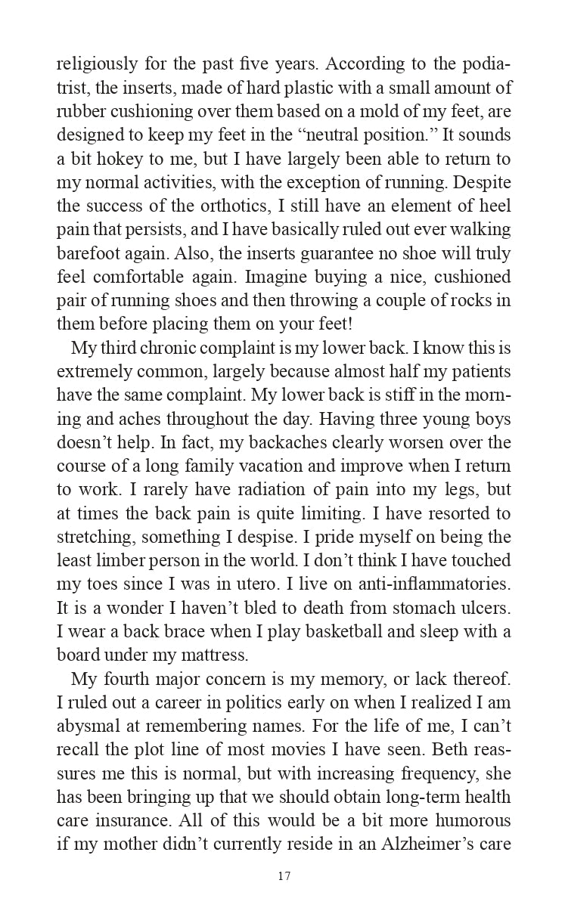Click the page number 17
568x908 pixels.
[x=284, y=877]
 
